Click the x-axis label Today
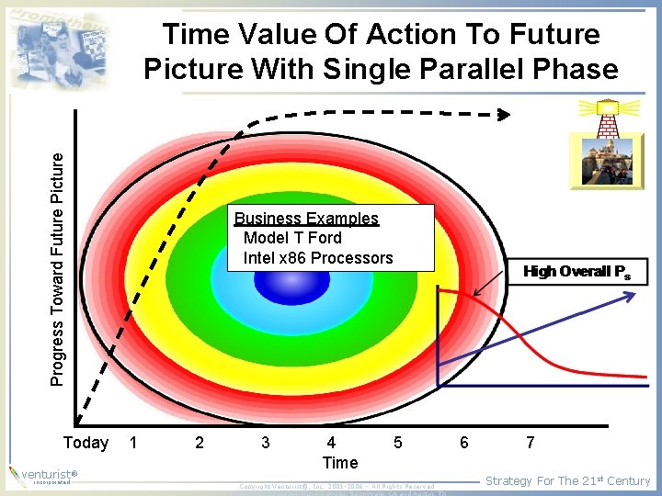pos(86,443)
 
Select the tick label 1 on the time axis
pos(133,443)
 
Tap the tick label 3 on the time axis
pos(266,443)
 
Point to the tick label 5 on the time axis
pos(397,443)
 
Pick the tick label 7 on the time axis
pos(530,443)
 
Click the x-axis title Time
pos(340,462)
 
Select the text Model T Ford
pos(292,238)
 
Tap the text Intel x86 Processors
pos(317,258)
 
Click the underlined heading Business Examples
pos(306,219)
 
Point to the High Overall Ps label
pos(576,272)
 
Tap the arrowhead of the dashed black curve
pos(504,115)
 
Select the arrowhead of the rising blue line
pos(632,294)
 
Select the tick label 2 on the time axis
pos(200,443)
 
